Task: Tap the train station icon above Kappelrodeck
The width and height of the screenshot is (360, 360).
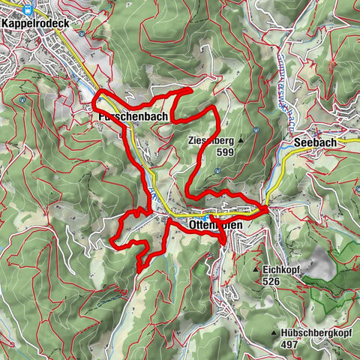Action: point(28,10)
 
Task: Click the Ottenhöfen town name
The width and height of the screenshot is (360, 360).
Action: point(198,224)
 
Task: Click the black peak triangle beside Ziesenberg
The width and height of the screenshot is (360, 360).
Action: point(241,140)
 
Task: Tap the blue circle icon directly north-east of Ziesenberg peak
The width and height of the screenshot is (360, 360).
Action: point(256,130)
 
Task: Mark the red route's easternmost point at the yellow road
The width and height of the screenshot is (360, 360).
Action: point(267,205)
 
